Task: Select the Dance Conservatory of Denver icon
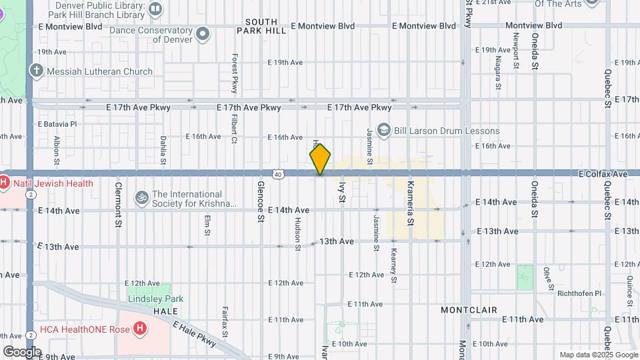(x=204, y=34)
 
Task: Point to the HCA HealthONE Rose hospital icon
(x=140, y=328)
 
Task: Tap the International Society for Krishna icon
(x=141, y=198)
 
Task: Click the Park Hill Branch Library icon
(x=155, y=9)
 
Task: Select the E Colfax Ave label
(x=603, y=174)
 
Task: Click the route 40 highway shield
(x=278, y=174)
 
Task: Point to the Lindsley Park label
(x=155, y=299)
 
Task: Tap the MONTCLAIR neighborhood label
(x=465, y=310)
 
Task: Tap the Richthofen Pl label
(x=580, y=293)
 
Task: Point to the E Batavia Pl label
(x=57, y=124)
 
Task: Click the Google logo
(x=21, y=351)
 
